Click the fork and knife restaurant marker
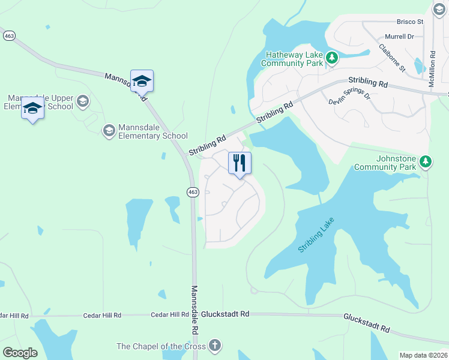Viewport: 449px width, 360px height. (240, 163)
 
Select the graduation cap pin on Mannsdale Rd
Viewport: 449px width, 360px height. (142, 80)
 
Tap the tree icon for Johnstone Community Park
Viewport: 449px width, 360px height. (426, 161)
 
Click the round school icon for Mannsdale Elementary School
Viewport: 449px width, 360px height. (109, 130)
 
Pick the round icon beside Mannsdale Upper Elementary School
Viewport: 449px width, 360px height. (83, 101)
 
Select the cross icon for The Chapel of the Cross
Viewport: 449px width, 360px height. (215, 346)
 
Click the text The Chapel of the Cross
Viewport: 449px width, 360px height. (160, 346)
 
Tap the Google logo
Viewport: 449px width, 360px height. (20, 352)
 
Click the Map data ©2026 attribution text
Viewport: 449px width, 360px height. (423, 355)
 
